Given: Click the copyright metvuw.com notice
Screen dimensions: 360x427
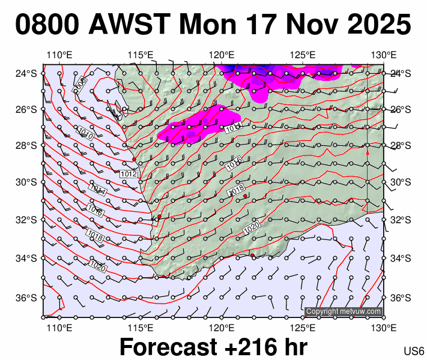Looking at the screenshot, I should click(344, 311).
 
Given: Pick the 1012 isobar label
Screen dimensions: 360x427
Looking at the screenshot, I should click(129, 173).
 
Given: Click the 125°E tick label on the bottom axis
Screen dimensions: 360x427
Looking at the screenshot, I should click(303, 328).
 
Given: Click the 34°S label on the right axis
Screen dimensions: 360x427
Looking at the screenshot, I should click(400, 259).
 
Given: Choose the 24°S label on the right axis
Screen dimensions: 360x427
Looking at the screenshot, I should click(400, 74).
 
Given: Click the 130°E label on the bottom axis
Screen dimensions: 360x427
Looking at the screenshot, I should click(384, 328).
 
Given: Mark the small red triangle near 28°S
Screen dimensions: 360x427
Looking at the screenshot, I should click(367, 153).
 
